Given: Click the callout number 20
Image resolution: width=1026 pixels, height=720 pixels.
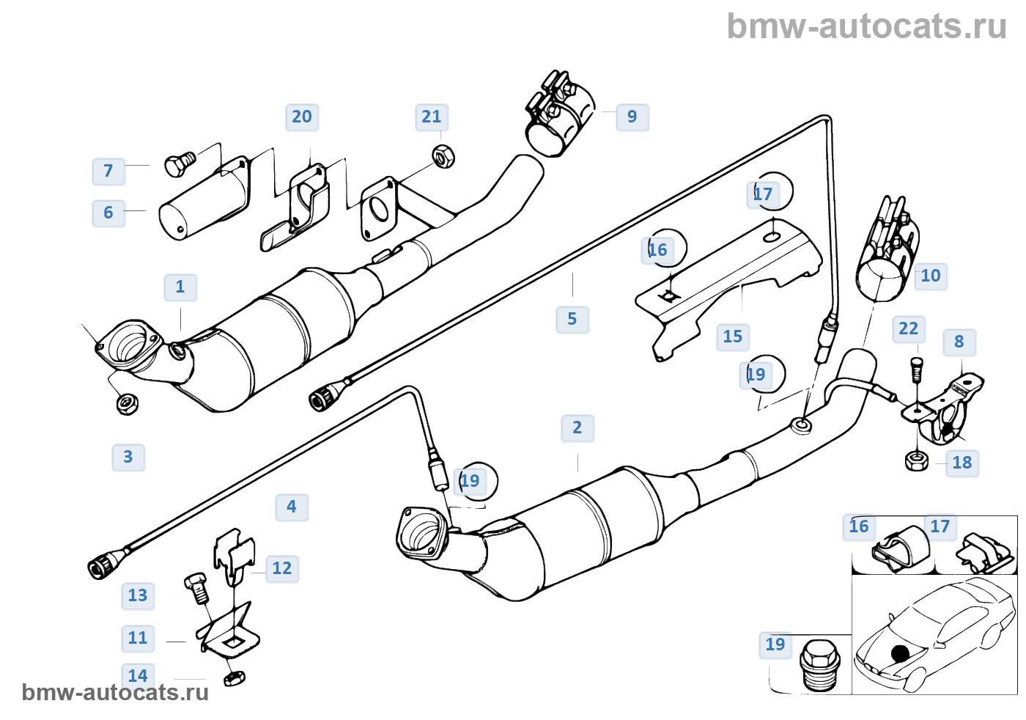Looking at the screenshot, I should click(301, 117).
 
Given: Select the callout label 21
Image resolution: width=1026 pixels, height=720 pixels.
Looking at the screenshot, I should click(431, 117).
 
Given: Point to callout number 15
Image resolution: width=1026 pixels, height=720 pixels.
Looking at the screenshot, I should click(732, 337).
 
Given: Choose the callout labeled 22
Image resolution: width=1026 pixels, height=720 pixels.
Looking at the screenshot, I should click(908, 329).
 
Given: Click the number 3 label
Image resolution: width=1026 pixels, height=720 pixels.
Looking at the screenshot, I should click(128, 458).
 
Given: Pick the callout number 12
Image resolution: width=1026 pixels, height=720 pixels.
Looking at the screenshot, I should click(282, 568).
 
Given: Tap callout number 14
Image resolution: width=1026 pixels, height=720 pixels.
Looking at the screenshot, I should click(138, 675).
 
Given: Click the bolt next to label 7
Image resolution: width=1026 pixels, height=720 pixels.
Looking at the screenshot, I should click(178, 164).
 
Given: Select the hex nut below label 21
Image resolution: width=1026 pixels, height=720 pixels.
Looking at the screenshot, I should click(443, 156).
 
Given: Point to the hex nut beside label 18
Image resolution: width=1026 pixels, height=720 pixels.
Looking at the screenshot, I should click(916, 461).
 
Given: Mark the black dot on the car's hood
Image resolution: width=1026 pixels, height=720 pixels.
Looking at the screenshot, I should click(900, 653).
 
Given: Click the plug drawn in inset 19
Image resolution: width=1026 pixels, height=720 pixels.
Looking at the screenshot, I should click(819, 664).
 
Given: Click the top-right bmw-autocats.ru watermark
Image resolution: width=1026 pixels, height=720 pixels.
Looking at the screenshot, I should click(866, 26).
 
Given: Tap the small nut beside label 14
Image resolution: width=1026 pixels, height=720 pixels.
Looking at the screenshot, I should click(234, 677).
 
